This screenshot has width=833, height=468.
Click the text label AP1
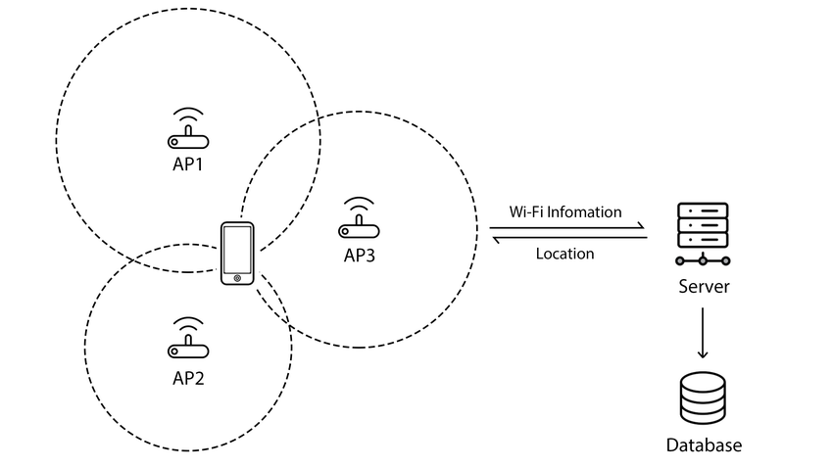[x=188, y=164]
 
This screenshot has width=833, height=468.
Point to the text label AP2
[x=188, y=378]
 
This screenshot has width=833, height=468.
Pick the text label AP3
[x=360, y=256]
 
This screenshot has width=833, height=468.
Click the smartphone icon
[x=237, y=254]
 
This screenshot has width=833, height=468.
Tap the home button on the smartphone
[x=237, y=278]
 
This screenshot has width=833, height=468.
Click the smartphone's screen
[x=237, y=249]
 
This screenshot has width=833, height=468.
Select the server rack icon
[x=703, y=233]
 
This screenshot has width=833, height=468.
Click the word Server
[x=704, y=287]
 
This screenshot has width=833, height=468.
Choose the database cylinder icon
[x=703, y=398]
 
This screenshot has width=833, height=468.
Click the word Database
[x=704, y=445]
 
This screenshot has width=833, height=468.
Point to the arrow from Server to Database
[x=703, y=333]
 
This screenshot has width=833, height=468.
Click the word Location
[x=564, y=254]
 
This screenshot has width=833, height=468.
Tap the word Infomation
[x=584, y=211]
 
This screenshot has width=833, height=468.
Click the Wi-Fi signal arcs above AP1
[x=188, y=116]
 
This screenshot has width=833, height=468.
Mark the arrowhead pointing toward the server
[x=642, y=225]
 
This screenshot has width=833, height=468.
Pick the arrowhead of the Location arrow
[x=496, y=240]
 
